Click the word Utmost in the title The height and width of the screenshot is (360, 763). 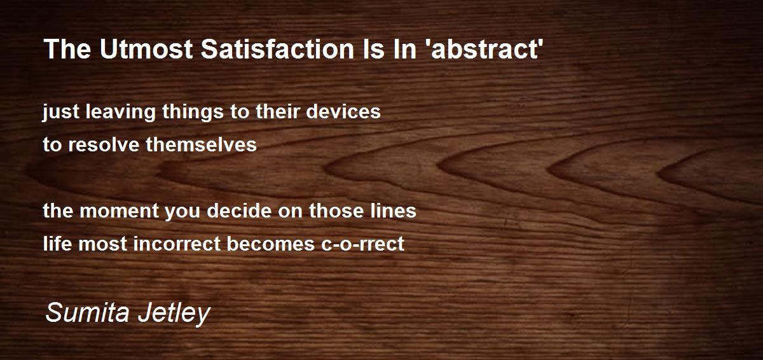(x=146, y=49)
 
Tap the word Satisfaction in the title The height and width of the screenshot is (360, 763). (x=277, y=49)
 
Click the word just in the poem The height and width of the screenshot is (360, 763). (x=61, y=112)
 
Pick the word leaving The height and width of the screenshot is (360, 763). (x=120, y=112)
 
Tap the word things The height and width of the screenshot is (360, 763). (x=193, y=112)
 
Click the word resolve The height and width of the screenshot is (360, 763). (x=104, y=144)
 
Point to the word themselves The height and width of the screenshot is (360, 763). (x=201, y=144)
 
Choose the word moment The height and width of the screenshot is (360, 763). (x=119, y=211)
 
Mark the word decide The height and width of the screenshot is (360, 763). (x=239, y=210)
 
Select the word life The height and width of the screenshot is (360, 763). (x=57, y=243)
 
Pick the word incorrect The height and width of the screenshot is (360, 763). (x=177, y=243)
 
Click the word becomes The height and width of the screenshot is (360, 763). (x=271, y=243)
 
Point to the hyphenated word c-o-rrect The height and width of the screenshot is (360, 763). (x=362, y=244)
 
